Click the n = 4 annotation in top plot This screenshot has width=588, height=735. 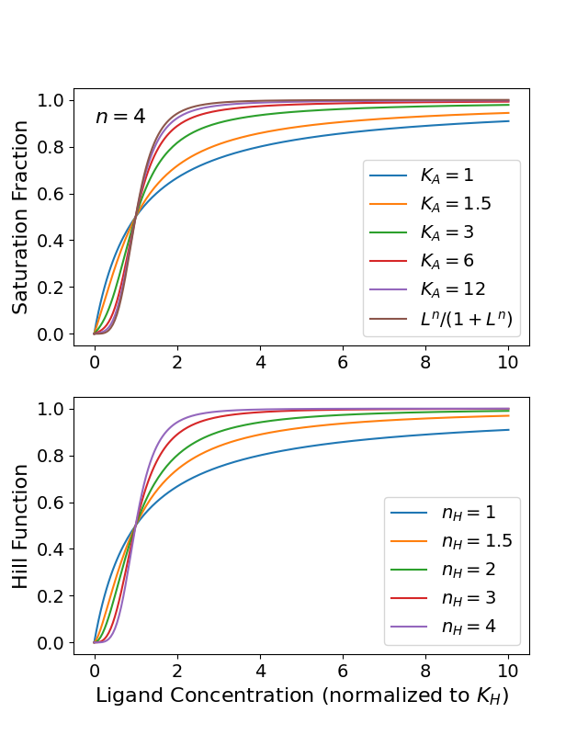coord(120,117)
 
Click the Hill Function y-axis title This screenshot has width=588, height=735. coord(20,526)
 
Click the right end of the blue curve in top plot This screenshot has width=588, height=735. coord(508,121)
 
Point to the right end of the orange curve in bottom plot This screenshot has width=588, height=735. coord(508,415)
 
